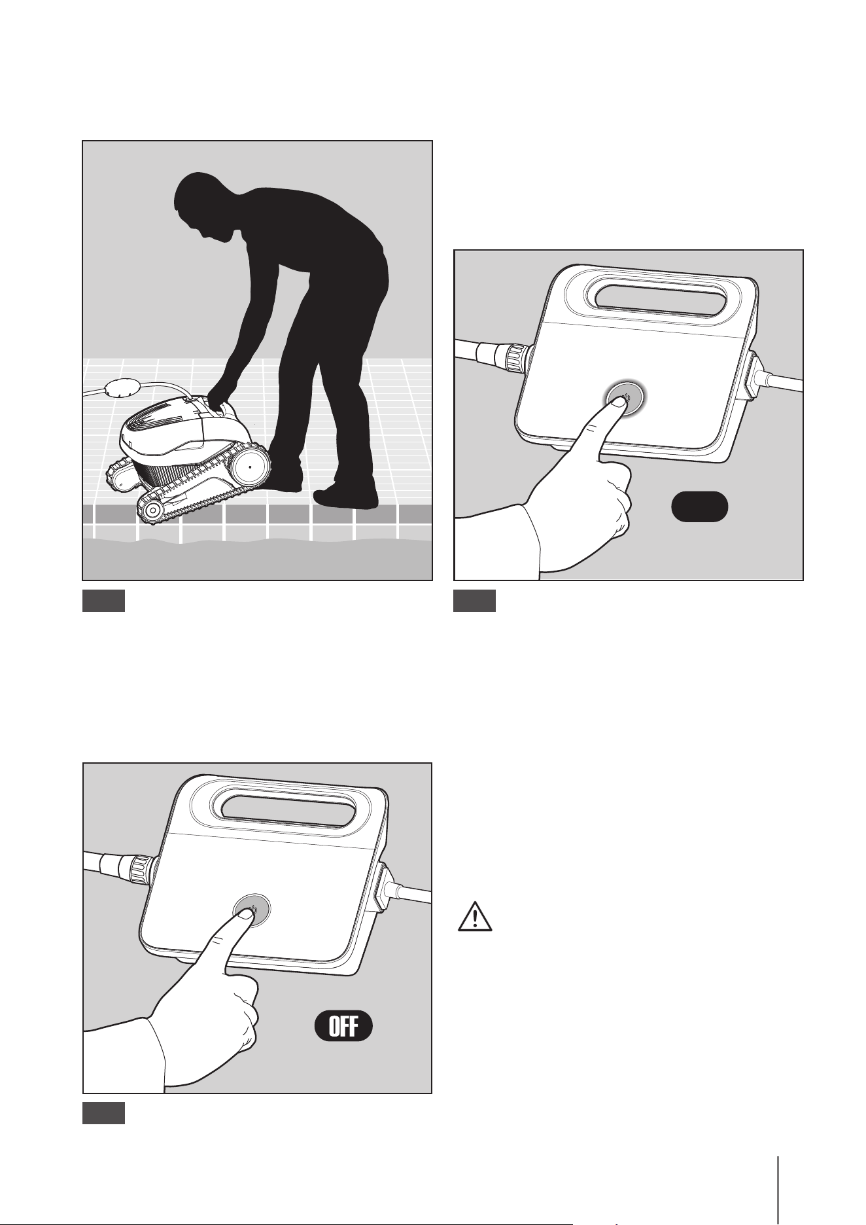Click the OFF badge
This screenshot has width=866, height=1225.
coord(343,1025)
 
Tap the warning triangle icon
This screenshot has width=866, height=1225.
coord(476,917)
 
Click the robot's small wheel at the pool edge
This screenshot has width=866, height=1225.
coord(152,509)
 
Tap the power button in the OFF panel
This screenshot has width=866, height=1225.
coord(252,910)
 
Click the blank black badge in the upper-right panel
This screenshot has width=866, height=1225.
coord(700,506)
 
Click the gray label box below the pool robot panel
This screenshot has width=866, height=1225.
coord(103,601)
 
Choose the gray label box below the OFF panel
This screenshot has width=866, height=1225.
coord(103,1114)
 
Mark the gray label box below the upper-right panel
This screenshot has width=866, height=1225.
coord(475,601)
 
